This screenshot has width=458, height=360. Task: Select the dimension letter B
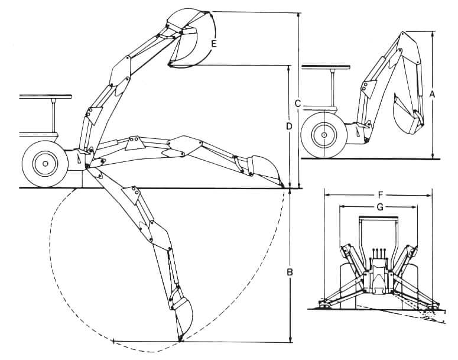tap(290, 273)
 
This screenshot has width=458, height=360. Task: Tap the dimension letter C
tap(298, 103)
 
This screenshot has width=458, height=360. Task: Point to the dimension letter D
tap(288, 126)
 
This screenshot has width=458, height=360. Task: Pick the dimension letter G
tap(379, 206)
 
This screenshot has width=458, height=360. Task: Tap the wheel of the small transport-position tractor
tap(324, 135)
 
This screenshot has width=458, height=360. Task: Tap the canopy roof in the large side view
tap(46, 96)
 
